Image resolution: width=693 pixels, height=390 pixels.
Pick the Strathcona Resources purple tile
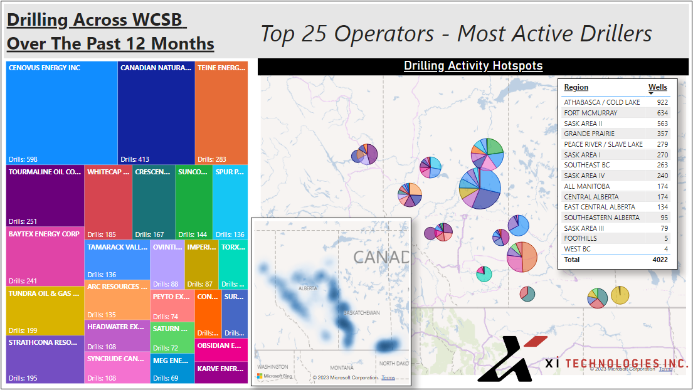[x=45, y=359]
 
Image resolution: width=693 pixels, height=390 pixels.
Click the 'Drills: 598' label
[x=23, y=159]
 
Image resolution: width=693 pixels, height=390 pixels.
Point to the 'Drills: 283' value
[x=211, y=159]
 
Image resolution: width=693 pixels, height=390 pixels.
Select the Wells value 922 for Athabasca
[x=662, y=102]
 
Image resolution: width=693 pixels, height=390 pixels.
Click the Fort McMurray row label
[x=590, y=113]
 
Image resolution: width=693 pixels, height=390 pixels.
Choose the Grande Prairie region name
[x=589, y=134]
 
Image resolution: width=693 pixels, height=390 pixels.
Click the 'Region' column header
[x=576, y=87]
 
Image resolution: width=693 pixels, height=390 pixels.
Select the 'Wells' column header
[x=657, y=87]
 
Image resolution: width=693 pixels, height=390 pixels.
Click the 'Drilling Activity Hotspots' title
[x=473, y=66]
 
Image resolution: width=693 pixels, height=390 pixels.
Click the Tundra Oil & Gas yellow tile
[x=45, y=310]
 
